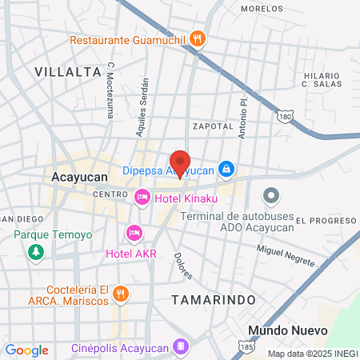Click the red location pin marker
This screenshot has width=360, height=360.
[x=180, y=163]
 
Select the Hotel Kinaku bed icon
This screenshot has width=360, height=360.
[x=142, y=196]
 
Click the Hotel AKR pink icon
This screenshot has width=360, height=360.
[x=134, y=233]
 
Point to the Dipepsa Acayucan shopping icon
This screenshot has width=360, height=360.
[x=227, y=169]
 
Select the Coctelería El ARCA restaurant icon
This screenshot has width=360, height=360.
[x=120, y=294]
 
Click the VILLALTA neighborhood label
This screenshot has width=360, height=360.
[x=68, y=71]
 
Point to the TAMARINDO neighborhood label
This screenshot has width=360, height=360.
[x=214, y=298]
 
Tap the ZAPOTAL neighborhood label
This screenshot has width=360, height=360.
[x=212, y=126]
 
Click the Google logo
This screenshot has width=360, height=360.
[x=26, y=350]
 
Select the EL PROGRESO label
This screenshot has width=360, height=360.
[x=326, y=220]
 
